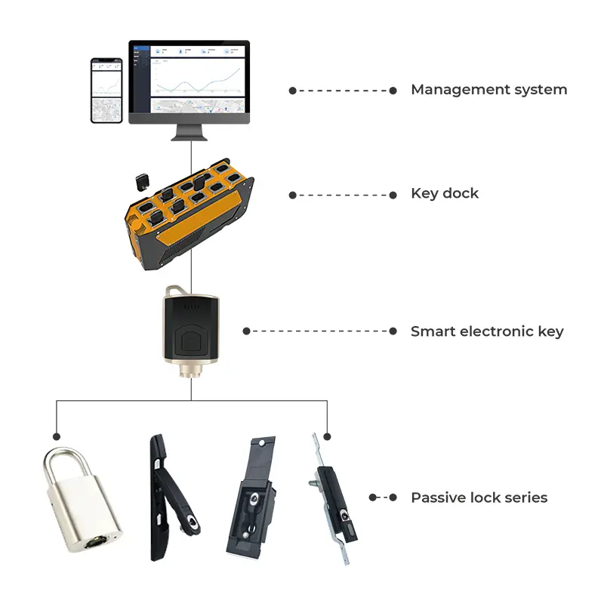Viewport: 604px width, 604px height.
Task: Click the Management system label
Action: coord(488,90)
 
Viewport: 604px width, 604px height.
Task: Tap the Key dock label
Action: coord(445,194)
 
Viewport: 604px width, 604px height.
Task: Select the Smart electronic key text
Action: coord(487,331)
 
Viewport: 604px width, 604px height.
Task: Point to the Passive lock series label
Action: coord(479,498)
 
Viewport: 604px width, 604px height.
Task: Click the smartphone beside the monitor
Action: coord(106,91)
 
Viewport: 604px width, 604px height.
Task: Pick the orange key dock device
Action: coord(189,215)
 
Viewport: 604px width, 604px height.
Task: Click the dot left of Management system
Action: coord(292,91)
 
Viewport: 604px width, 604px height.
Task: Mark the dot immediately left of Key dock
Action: coord(393,195)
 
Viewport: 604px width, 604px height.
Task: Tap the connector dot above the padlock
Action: coord(56,436)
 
